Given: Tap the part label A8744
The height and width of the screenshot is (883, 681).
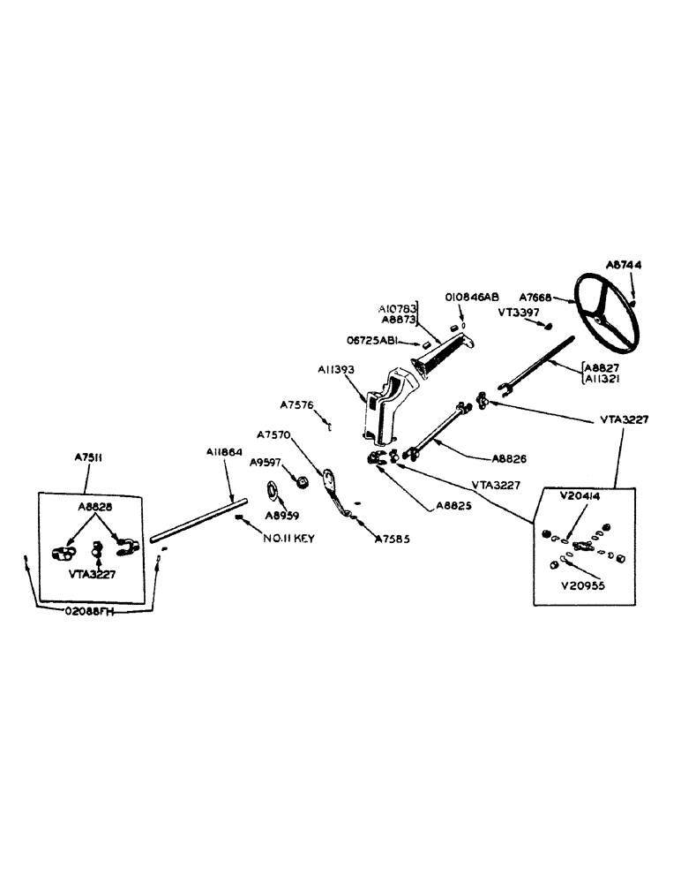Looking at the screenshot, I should (625, 264).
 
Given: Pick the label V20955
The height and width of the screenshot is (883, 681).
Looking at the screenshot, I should (587, 584).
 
